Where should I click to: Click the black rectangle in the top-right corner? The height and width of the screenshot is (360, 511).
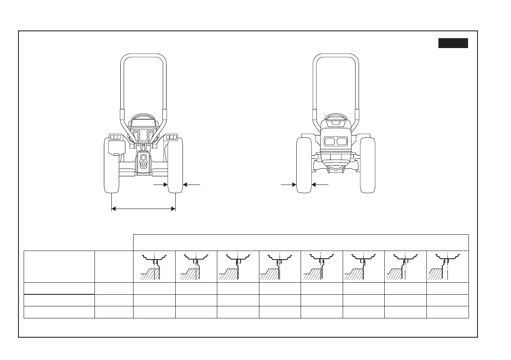453,43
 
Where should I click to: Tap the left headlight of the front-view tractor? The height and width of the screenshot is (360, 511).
329,141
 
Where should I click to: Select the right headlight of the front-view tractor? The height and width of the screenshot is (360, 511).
342,141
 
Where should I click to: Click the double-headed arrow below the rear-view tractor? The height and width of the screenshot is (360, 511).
143,209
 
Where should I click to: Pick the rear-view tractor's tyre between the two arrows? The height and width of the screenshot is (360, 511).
175,165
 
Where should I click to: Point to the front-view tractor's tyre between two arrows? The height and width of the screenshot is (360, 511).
304,165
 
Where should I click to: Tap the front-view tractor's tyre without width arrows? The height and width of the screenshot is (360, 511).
368,165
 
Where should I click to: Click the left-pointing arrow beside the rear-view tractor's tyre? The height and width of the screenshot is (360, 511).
192,184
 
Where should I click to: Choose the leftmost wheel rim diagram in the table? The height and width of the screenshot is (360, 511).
154,266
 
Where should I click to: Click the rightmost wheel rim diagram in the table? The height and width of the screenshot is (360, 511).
447,266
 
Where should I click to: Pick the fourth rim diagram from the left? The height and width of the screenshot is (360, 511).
280,266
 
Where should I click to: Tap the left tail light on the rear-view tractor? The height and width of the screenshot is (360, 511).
115,137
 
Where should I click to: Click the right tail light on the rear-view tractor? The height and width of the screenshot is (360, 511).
171,137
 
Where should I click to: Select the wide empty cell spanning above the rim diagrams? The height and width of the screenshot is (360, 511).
301,242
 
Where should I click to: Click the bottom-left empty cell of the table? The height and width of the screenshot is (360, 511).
59,312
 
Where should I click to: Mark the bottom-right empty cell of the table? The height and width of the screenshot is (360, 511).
447,312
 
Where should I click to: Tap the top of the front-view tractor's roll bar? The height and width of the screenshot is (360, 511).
336,56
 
